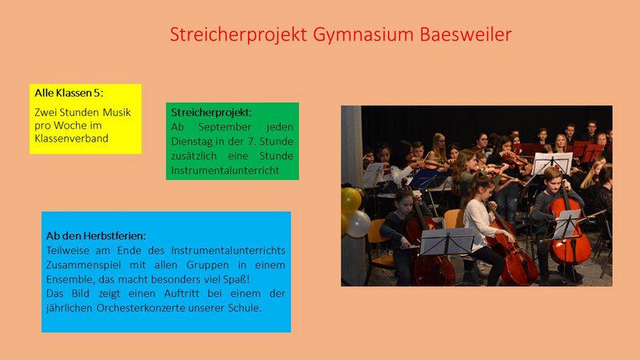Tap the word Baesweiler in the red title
[x=466, y=34]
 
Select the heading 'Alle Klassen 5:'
[x=69, y=93]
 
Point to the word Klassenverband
[x=71, y=138]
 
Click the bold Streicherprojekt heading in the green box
[x=211, y=113]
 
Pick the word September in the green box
[x=225, y=127]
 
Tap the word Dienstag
[x=191, y=142]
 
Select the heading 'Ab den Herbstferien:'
[x=96, y=236]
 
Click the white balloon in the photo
[x=358, y=224]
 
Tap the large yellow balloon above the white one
[x=350, y=200]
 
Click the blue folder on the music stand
[x=425, y=178]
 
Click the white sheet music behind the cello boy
[x=552, y=163]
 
